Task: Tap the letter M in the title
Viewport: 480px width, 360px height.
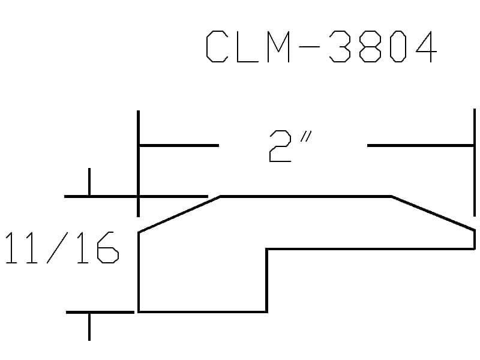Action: pyautogui.click(x=278, y=47)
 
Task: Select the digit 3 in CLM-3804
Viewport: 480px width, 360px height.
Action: pyautogui.click(x=340, y=47)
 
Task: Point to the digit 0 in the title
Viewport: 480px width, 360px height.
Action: pyautogui.click(x=398, y=47)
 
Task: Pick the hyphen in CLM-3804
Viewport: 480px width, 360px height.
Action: pyautogui.click(x=309, y=47)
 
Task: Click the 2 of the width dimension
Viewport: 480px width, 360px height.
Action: pyautogui.click(x=280, y=146)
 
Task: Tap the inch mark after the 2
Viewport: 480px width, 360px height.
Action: pyautogui.click(x=306, y=137)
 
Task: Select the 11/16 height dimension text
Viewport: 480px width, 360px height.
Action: pyautogui.click(x=62, y=247)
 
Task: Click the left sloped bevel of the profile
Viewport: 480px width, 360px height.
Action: pyautogui.click(x=179, y=214)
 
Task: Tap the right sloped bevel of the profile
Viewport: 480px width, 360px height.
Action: pyautogui.click(x=433, y=213)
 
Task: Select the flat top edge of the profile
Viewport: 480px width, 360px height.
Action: pyautogui.click(x=306, y=196)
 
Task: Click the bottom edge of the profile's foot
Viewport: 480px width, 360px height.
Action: pyautogui.click(x=203, y=311)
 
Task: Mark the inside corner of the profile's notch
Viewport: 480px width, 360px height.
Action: pyautogui.click(x=267, y=249)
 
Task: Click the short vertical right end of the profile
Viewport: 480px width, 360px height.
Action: pyautogui.click(x=475, y=239)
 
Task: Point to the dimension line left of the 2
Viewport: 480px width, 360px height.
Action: pyautogui.click(x=179, y=145)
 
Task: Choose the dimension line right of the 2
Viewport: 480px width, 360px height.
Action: pyautogui.click(x=421, y=145)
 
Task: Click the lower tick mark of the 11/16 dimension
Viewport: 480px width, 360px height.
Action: pyautogui.click(x=89, y=326)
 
